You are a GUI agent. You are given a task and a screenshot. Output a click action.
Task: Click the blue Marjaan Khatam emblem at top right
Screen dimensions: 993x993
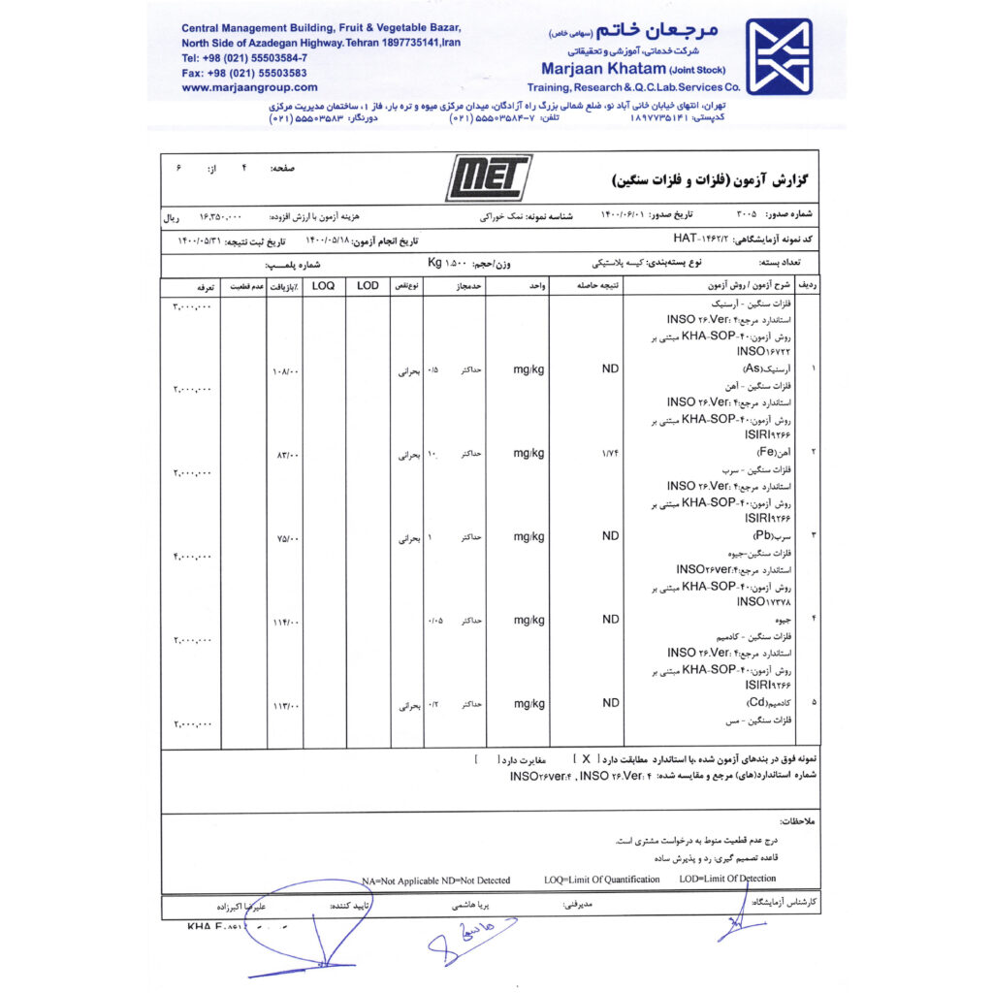point(779,56)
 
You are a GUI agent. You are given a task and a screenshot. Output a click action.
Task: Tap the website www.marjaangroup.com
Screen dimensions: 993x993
point(236,86)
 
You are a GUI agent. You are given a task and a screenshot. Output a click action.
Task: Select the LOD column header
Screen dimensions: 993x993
point(368,286)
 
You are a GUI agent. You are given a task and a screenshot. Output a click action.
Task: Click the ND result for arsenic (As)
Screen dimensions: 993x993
point(610,369)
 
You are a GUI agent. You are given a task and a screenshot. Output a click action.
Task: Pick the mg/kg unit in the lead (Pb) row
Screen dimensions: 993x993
point(529,536)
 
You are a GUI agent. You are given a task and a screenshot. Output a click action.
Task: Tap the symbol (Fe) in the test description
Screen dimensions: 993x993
point(765,453)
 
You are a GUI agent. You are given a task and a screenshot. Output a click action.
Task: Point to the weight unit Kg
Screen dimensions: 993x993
point(434,263)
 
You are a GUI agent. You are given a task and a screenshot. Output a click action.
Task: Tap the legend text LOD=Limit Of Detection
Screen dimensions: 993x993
point(727,880)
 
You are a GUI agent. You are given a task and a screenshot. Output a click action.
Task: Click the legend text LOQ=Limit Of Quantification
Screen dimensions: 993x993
point(601,880)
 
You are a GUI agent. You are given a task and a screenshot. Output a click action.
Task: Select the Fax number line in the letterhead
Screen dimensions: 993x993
point(243,73)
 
